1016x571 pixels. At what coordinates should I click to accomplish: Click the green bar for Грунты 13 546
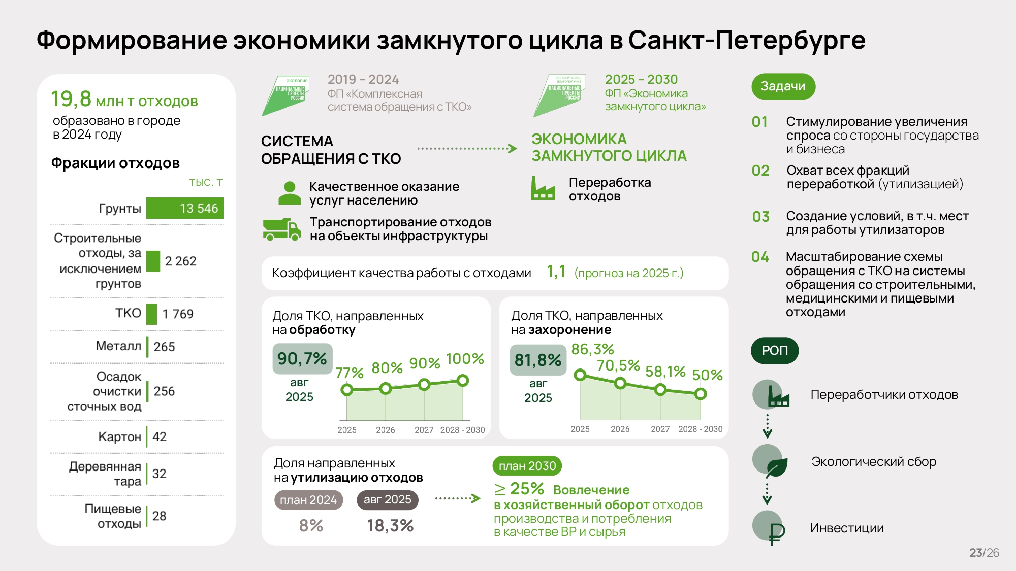coord(185,209)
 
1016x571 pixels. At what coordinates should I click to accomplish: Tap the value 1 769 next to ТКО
coord(178,314)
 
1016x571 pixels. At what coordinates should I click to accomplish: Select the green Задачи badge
coord(783,87)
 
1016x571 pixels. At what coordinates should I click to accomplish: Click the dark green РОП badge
coord(775,351)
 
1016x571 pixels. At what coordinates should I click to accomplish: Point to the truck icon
coord(282,229)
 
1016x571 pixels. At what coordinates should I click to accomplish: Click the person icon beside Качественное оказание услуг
coord(290,193)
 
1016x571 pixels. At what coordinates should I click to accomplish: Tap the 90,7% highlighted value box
coord(302,359)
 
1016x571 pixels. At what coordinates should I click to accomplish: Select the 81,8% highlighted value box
coord(538,360)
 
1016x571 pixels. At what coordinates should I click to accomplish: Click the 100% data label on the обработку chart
coord(465,359)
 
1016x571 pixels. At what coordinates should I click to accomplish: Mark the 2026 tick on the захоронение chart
coord(620,429)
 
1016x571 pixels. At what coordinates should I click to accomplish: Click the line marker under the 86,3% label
coord(580,375)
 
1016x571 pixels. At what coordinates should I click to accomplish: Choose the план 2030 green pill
coord(527,466)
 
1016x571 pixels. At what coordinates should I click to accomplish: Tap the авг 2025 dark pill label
coord(388,500)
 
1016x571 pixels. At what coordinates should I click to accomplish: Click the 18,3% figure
coord(390,526)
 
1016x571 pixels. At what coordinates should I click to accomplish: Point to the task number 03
coord(760,217)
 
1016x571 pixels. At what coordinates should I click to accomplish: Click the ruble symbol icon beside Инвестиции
coord(776,533)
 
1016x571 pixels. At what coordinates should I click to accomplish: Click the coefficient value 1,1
coord(556,272)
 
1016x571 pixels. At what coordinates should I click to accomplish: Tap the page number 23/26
coord(984,553)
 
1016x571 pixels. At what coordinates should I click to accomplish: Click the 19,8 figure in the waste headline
coord(71,99)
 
